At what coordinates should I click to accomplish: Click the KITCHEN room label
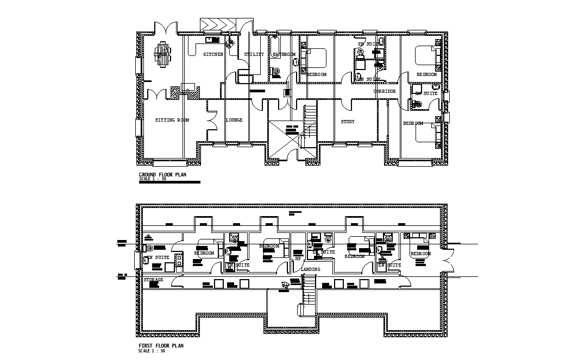point(213,54)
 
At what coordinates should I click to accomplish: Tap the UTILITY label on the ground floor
point(254,54)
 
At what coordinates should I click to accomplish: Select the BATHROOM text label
point(284,54)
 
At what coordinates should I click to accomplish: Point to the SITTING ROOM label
point(172,120)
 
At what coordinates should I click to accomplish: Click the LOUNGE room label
point(234,120)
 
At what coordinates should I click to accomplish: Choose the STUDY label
point(348,122)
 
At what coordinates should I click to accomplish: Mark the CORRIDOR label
point(385,91)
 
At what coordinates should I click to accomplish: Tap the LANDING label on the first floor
point(310,269)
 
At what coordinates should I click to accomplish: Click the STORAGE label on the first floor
point(153,280)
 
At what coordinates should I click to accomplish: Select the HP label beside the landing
point(298,258)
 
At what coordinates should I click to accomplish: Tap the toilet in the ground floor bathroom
point(276,71)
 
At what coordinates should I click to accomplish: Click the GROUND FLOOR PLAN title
point(162,175)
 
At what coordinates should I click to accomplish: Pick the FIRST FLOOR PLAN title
point(161,345)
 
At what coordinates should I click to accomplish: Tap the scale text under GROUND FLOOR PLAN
point(152,179)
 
